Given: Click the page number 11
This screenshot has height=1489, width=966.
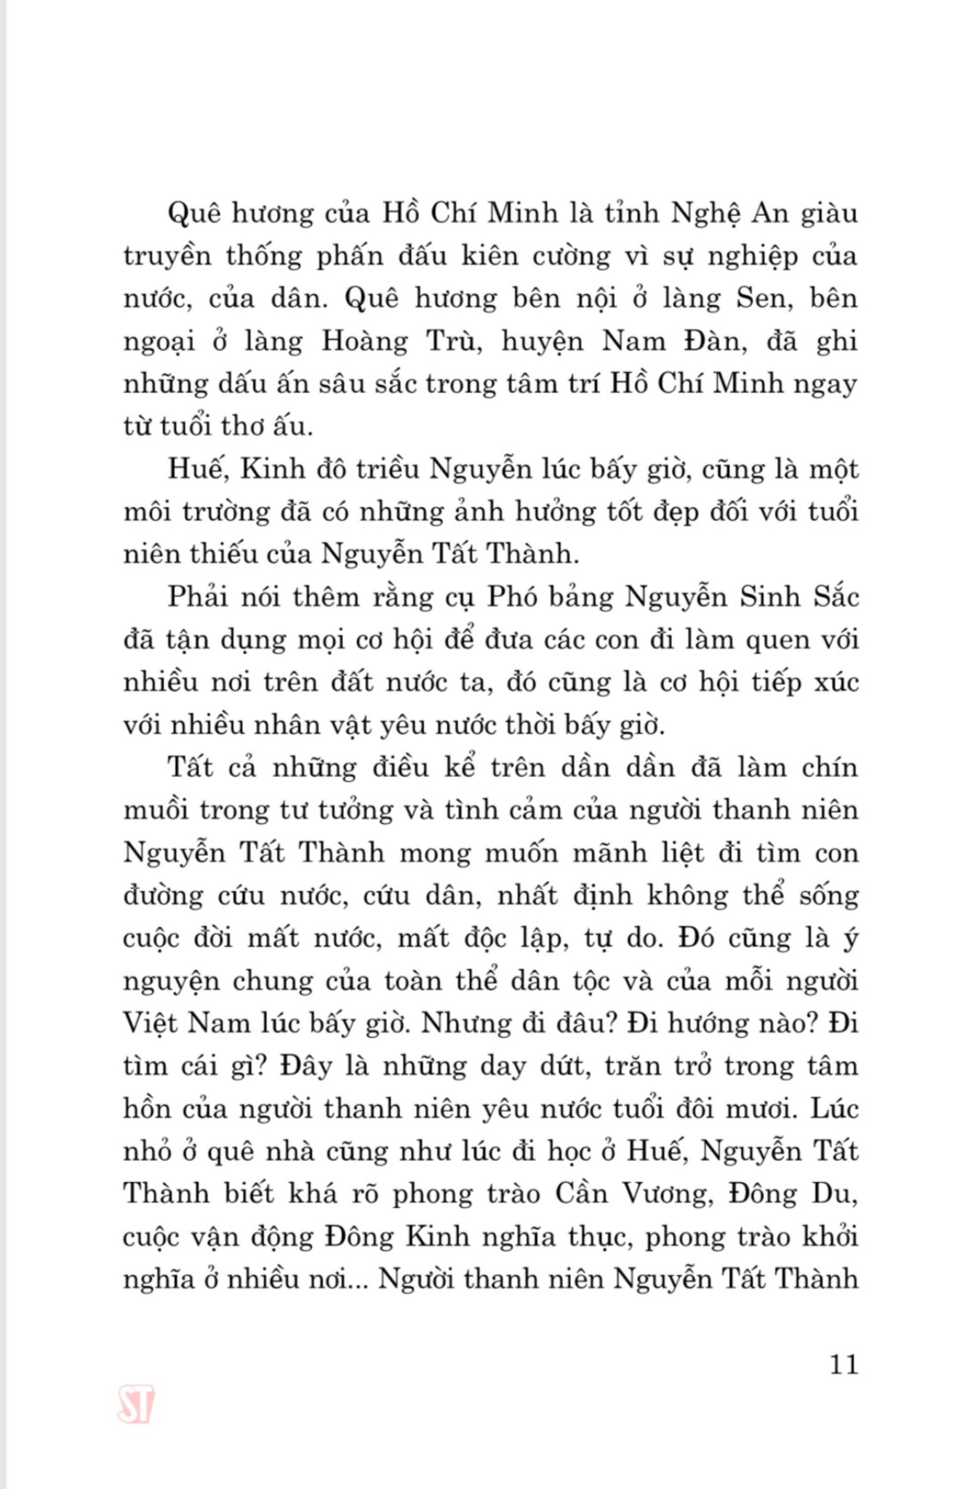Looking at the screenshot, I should tap(843, 1363).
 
